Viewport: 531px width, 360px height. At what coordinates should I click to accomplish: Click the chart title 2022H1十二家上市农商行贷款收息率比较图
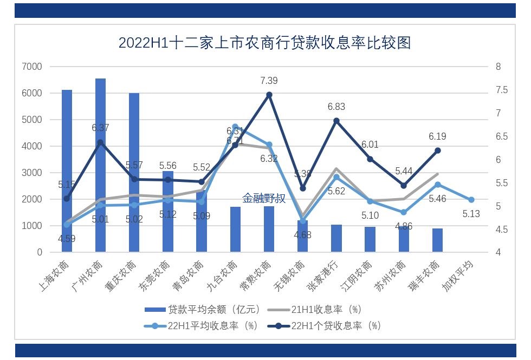(264, 43)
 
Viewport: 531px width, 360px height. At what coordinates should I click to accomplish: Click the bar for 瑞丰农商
(437, 240)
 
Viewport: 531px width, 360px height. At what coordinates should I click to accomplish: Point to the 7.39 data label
(269, 81)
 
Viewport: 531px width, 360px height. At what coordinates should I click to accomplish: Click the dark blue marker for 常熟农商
(269, 95)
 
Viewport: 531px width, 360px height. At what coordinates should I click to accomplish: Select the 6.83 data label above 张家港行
(336, 107)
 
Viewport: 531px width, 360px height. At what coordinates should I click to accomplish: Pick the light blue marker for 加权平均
(471, 200)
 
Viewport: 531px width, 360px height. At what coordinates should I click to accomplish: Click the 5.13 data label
(471, 214)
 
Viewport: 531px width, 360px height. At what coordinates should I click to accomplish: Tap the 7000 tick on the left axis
(32, 67)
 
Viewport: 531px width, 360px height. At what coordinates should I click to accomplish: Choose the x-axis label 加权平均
(459, 276)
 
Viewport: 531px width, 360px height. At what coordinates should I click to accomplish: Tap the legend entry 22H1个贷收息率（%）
(336, 326)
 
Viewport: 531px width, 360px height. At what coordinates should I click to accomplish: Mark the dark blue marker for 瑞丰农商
(437, 150)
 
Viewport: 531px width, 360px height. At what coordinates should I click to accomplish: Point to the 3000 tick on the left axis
(32, 173)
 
